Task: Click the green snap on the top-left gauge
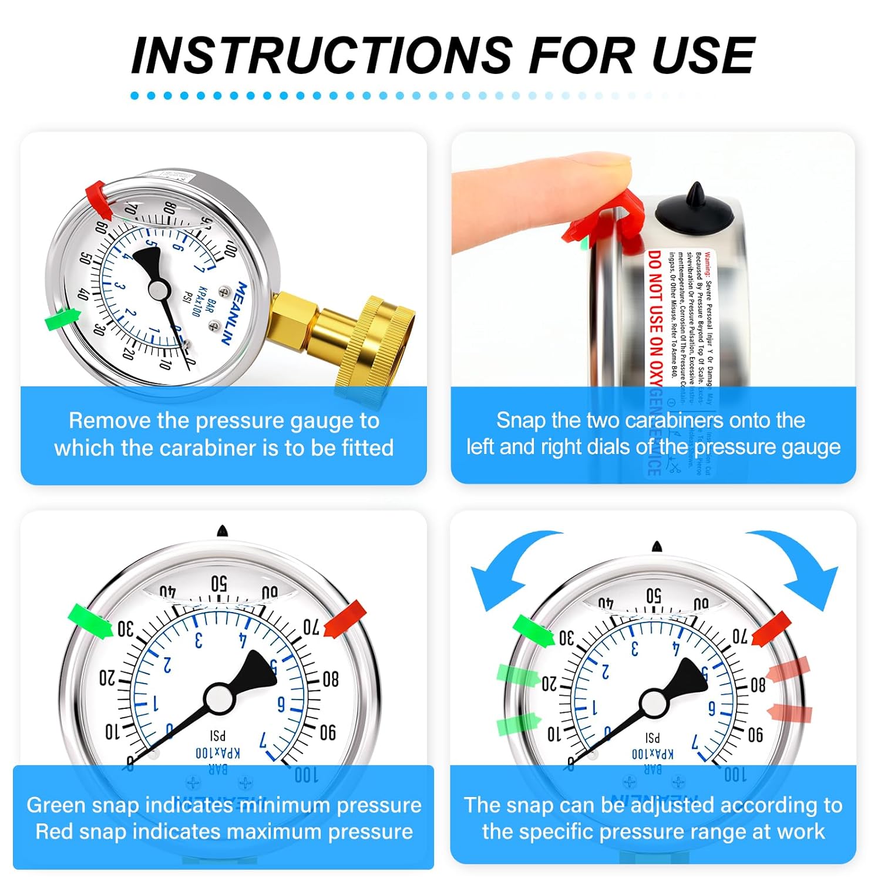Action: [62, 320]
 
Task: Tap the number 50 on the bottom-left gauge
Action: [218, 584]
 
